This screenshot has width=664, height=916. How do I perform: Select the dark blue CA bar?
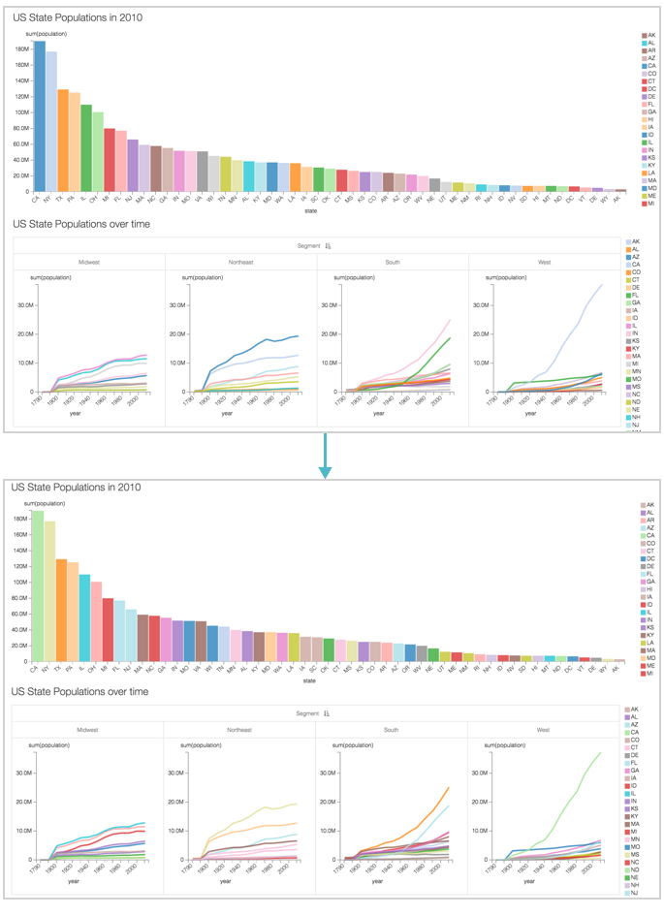point(40,116)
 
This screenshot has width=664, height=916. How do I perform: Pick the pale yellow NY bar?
point(49,591)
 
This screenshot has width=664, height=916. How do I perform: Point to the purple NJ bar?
point(133,165)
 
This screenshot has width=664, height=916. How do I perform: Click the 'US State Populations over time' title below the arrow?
point(79,692)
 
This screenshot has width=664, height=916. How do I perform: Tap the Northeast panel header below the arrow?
point(239,729)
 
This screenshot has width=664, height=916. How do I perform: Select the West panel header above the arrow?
point(545,262)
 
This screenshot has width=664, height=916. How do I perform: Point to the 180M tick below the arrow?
point(19,518)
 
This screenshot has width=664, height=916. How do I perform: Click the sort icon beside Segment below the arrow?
point(327,713)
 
